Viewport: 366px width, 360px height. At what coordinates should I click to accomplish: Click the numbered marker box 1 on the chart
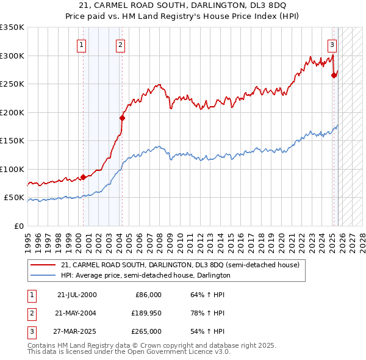82,44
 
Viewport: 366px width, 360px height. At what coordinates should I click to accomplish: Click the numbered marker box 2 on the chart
121,44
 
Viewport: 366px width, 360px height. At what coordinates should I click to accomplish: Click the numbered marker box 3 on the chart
332,44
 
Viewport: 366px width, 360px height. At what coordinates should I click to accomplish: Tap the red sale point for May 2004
122,118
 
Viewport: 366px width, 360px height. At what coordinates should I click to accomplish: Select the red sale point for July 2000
83,178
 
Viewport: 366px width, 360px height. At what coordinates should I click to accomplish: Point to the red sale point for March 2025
334,75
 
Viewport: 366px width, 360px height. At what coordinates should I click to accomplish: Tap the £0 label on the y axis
18,226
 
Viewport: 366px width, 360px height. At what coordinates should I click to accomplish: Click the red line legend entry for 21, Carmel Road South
180,265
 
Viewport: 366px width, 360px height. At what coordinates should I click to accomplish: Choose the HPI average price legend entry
145,275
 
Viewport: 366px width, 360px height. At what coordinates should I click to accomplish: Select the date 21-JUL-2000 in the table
77,295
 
